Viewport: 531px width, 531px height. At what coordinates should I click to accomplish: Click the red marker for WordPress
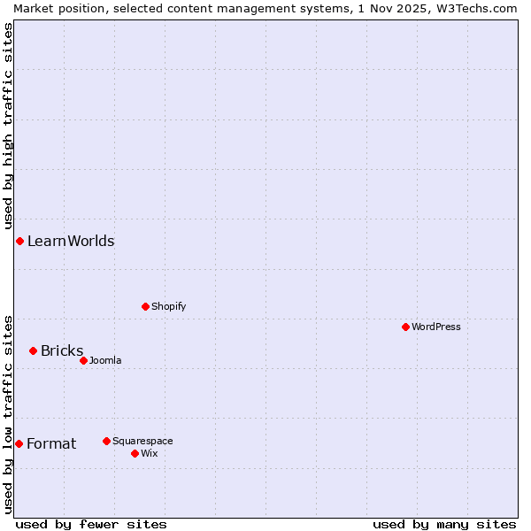pos(405,327)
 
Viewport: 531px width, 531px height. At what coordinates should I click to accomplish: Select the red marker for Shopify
pos(145,307)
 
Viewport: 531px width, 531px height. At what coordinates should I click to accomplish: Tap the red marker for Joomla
pos(83,360)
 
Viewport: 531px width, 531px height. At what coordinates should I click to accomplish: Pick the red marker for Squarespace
pos(106,441)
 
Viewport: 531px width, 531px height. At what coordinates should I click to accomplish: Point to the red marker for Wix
pos(135,453)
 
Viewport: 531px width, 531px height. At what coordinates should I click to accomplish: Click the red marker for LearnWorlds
pos(19,242)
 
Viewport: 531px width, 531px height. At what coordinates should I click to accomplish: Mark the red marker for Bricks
pos(33,351)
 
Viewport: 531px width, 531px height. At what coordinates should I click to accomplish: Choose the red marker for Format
pos(19,443)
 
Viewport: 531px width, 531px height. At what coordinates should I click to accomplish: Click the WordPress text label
pos(436,327)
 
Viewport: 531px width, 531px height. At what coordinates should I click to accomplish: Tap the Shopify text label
pos(168,307)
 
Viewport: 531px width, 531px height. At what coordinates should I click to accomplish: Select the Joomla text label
pos(105,361)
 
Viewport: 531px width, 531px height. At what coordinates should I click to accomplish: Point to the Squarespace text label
pos(142,442)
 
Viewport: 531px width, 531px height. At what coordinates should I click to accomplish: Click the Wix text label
pos(150,454)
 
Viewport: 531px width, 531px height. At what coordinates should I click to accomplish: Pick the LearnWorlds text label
pos(71,242)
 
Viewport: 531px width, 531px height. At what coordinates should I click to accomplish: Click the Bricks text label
pos(62,351)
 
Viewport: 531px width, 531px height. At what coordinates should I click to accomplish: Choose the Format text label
pos(51,444)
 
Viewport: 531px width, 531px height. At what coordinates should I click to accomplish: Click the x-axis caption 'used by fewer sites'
pos(91,524)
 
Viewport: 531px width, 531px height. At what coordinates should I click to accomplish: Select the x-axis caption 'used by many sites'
pos(444,524)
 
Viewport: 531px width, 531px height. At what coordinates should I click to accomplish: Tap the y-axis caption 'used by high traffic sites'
pos(8,123)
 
